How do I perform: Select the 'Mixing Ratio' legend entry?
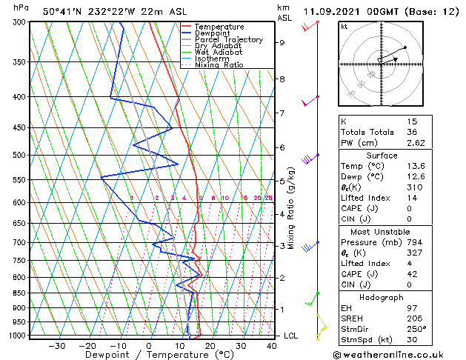coord(219,65)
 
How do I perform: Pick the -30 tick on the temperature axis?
coord(56,346)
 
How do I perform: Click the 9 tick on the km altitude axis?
coord(282,43)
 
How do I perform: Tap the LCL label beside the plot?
coord(291,336)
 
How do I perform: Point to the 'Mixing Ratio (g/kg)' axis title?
coord(293,208)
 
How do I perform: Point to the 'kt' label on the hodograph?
coord(344,27)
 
